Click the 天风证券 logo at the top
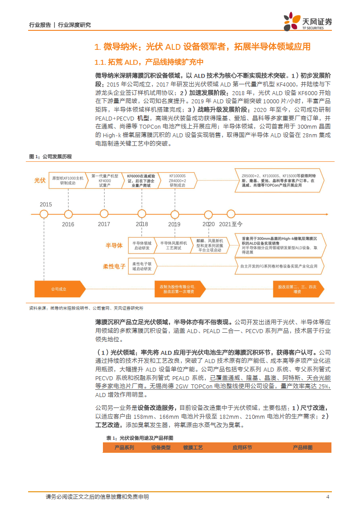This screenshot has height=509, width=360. click(x=308, y=21)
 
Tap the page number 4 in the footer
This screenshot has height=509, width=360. click(x=327, y=497)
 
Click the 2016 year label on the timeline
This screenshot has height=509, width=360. click(x=68, y=224)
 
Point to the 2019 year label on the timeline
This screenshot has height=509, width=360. click(x=174, y=224)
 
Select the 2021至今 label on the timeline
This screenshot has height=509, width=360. click(x=231, y=224)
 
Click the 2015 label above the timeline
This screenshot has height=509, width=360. click(x=46, y=204)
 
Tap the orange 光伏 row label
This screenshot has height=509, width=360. click(x=40, y=180)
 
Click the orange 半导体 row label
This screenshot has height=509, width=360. click(x=114, y=245)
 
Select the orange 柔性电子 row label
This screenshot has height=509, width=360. click(x=114, y=266)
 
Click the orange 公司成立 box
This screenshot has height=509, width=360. click(x=58, y=289)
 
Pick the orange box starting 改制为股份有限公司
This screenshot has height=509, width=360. click(x=177, y=289)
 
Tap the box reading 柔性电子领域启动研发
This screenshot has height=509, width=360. click(x=142, y=266)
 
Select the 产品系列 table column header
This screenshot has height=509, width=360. click(x=124, y=447)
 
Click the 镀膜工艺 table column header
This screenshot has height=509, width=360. click(x=193, y=447)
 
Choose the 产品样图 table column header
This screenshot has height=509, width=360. click(x=302, y=447)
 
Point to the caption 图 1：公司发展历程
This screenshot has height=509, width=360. click(x=50, y=156)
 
